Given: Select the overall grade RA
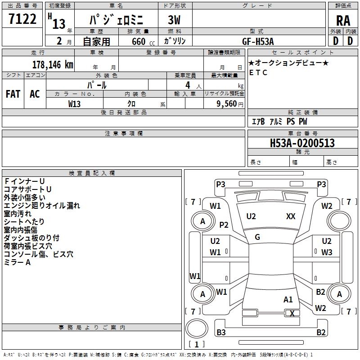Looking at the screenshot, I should tap(343, 20).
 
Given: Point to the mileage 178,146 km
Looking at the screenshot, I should tap(53, 64).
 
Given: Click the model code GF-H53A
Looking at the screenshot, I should tap(258, 41).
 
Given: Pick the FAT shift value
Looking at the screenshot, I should tap(13, 94).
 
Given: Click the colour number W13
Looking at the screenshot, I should tap(74, 103).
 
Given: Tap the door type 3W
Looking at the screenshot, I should tap(175, 20).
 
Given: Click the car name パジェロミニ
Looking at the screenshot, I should tap(116, 20).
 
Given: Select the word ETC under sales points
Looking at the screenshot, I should tap(258, 72).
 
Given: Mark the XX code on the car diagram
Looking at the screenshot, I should tap(291, 216).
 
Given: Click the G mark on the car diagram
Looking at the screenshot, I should tap(257, 237).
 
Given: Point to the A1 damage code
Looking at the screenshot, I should tap(288, 299).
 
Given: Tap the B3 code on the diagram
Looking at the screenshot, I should tap(221, 333).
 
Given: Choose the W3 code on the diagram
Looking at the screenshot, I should tap(327, 252).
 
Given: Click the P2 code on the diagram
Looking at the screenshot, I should tap(224, 225).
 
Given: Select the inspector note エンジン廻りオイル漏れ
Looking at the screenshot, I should tap(42, 206).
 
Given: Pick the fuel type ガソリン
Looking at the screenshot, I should tap(175, 41).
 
